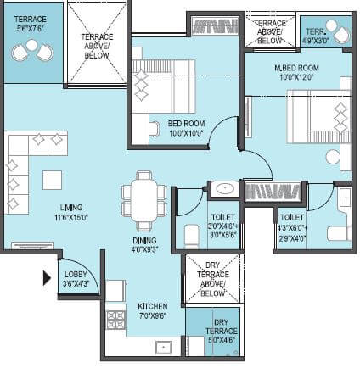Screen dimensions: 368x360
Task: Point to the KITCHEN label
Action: click(x=154, y=306)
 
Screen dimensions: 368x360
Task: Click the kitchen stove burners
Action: click(x=115, y=319)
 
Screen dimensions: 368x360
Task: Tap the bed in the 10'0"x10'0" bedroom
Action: click(x=157, y=85)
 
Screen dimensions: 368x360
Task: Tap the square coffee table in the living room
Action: click(x=53, y=180)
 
